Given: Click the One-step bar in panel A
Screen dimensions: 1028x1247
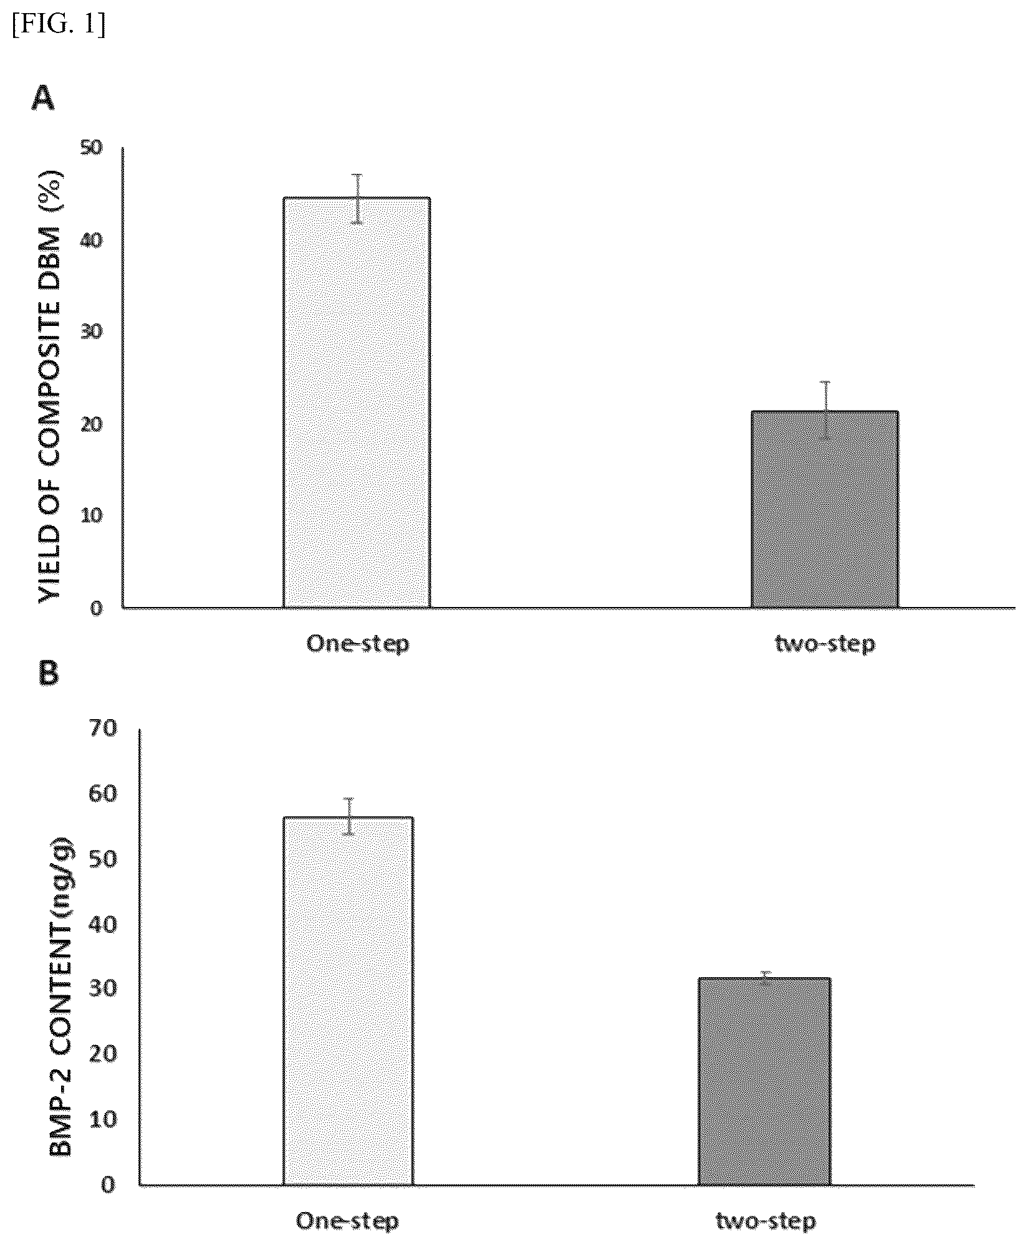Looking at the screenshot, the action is (x=357, y=402).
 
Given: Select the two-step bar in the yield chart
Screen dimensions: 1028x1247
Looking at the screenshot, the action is (x=825, y=509).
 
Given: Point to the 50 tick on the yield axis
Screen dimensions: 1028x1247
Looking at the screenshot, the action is (x=92, y=148).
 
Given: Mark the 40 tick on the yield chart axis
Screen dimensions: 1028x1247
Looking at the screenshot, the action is (x=92, y=240).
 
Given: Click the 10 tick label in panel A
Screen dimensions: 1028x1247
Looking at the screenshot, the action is (x=92, y=515).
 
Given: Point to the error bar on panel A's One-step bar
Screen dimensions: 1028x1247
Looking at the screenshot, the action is (x=358, y=198).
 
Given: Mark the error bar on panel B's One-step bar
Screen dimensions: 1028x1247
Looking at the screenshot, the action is (x=350, y=816).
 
